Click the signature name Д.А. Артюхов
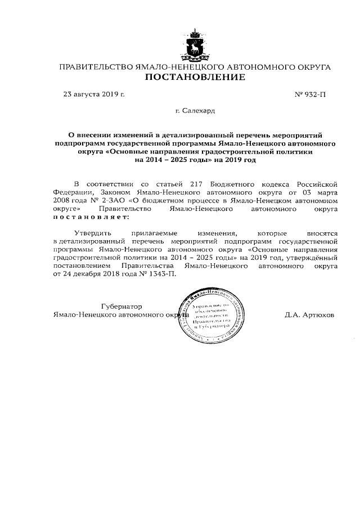pos(309,315)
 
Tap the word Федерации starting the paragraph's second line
pos(73,192)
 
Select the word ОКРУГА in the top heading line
pos(313,67)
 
